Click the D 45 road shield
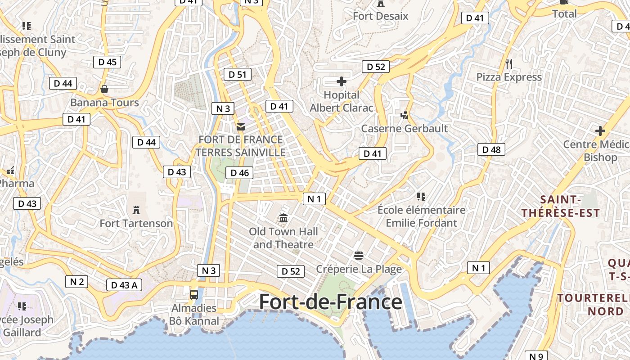point(107,62)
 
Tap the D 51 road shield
point(237,74)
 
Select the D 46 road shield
point(239,173)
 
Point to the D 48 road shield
point(491,149)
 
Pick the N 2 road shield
point(76,282)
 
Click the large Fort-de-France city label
point(330,301)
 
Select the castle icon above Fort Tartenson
point(136,209)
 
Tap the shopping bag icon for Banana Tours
point(104,89)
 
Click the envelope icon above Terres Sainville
point(241,127)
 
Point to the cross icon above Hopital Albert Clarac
point(342,81)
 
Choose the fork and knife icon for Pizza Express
point(509,63)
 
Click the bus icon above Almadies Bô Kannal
point(194,295)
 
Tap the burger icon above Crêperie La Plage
point(359,256)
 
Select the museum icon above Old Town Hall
point(283,218)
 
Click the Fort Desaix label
point(380,16)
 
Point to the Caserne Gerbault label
point(405,129)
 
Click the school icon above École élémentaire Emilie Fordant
point(421,196)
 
